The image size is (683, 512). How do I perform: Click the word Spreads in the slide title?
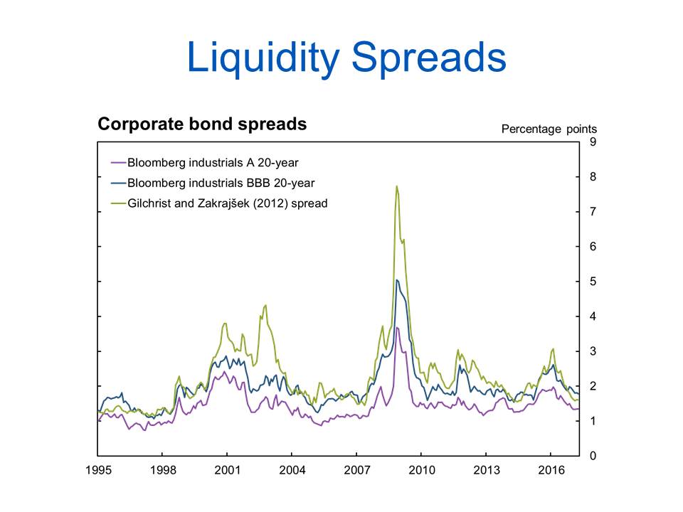[429, 57]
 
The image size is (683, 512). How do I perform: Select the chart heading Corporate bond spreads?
[202, 124]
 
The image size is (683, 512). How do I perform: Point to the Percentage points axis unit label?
[549, 129]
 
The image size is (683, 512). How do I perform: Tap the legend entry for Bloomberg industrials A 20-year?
[205, 163]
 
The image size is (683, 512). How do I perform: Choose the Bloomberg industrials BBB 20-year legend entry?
[213, 183]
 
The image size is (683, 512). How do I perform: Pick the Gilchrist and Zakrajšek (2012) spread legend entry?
[219, 203]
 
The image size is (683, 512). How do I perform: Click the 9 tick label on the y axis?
[593, 142]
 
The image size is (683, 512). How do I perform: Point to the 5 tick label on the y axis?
[593, 282]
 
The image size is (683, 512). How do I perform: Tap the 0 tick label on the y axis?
[593, 456]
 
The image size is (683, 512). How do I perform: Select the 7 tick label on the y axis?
[593, 212]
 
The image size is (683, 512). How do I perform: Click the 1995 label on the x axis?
[98, 470]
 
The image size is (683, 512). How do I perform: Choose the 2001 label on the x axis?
[228, 470]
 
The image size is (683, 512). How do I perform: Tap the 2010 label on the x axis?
[422, 470]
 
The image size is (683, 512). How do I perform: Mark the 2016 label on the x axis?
[551, 470]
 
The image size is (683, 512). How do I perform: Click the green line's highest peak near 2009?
[397, 186]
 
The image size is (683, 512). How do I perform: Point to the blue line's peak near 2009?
[397, 280]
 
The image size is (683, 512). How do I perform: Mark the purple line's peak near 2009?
[397, 327]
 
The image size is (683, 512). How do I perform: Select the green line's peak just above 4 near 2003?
[265, 305]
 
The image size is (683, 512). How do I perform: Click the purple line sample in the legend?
[119, 163]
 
